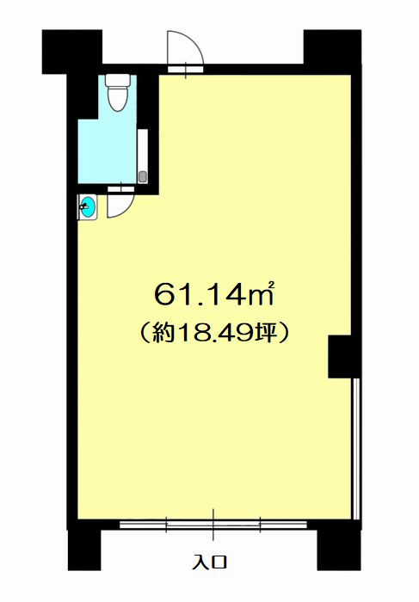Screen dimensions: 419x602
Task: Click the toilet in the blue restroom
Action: (x=118, y=93)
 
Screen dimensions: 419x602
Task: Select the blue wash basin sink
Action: (x=89, y=207)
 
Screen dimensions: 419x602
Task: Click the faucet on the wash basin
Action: (x=83, y=207)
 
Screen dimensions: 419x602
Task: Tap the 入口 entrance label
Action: (x=210, y=562)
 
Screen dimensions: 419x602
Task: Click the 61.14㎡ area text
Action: (x=214, y=294)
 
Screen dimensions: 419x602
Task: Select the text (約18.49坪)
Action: (x=213, y=333)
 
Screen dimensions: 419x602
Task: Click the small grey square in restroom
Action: (x=143, y=177)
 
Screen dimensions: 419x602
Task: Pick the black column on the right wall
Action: (x=344, y=356)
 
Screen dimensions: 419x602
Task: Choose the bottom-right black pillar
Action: (x=338, y=550)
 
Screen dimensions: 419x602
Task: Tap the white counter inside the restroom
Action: (x=143, y=157)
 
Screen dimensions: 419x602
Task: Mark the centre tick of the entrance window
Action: (x=213, y=525)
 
